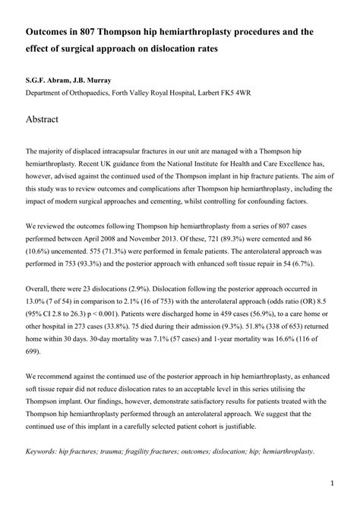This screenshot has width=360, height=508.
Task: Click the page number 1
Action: point(332,482)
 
